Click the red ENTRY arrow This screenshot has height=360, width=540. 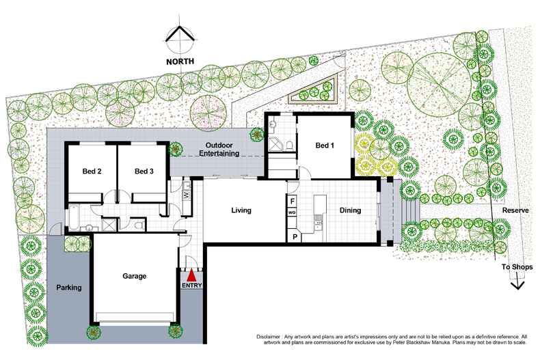click(192, 276)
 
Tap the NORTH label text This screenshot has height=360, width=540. click(180, 61)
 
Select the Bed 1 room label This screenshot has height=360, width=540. click(325, 146)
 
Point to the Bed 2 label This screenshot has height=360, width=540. click(92, 171)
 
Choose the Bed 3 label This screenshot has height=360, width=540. click(144, 171)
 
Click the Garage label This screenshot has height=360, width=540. click(134, 276)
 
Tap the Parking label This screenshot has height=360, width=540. click(69, 288)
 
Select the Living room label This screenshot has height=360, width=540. click(241, 210)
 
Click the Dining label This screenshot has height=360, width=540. click(350, 210)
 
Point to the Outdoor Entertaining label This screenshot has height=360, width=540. click(219, 150)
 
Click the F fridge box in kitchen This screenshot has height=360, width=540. click(293, 201)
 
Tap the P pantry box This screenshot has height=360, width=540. click(295, 237)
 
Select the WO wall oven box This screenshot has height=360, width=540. click(292, 212)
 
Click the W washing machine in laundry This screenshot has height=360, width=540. click(187, 195)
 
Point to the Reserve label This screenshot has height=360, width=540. click(515, 210)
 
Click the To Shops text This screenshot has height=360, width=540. click(517, 266)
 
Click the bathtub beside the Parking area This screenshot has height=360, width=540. click(74, 218)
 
